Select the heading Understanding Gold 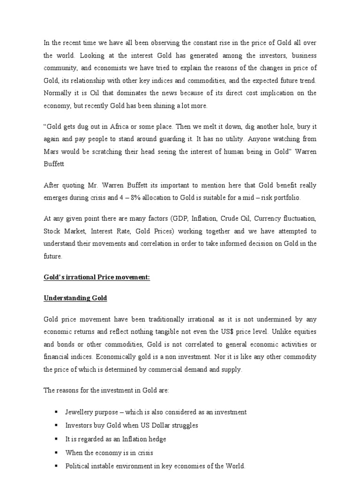(x=75, y=298)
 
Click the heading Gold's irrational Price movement (x=97, y=277)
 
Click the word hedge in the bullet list (x=157, y=439)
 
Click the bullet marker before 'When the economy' (x=56, y=453)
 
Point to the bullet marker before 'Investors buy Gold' (x=56, y=426)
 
